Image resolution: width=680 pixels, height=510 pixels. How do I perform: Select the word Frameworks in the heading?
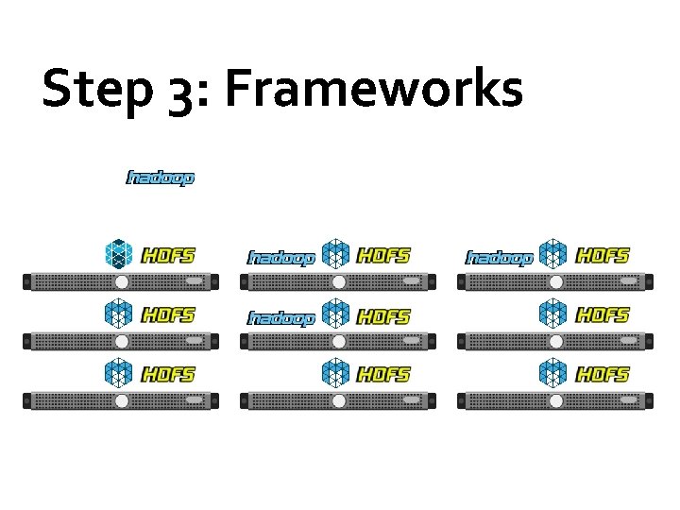[374, 90]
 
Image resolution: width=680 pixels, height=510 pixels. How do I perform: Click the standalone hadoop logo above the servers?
[161, 178]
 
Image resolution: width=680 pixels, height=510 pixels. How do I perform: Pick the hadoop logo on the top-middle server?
[281, 257]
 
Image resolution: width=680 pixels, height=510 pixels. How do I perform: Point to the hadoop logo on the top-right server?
[501, 257]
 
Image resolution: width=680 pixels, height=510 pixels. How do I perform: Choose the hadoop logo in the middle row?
[281, 318]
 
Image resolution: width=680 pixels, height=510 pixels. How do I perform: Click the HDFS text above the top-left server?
[168, 255]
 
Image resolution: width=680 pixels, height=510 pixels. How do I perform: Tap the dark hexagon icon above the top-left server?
[119, 254]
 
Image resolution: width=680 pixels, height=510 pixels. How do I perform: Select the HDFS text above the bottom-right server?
[603, 375]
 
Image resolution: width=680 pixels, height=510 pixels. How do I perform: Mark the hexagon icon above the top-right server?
[553, 254]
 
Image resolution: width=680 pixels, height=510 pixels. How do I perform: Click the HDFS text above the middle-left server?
[168, 315]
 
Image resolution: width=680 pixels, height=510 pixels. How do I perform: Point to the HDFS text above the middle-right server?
[603, 315]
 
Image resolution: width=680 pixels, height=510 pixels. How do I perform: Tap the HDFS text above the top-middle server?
[385, 255]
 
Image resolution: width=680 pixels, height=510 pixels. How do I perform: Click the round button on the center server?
[338, 342]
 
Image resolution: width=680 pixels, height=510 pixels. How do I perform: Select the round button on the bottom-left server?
[121, 401]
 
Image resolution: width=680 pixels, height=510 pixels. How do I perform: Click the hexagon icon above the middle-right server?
[553, 314]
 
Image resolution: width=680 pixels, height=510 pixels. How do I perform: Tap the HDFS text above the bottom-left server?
[168, 375]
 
